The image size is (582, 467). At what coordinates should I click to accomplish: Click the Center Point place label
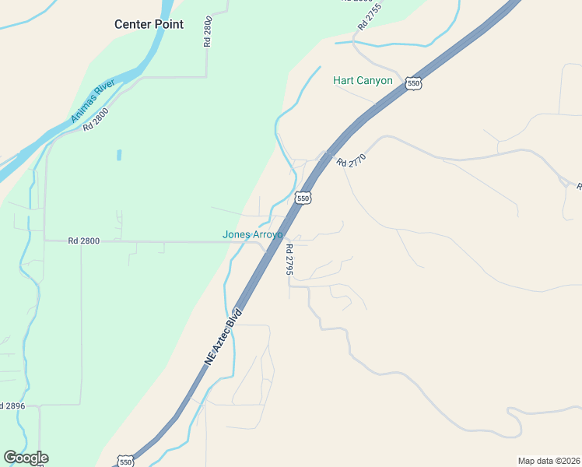[149, 24]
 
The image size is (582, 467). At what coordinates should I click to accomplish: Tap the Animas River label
[93, 100]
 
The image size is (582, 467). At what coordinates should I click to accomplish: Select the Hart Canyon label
[363, 80]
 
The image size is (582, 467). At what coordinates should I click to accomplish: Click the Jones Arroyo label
[253, 234]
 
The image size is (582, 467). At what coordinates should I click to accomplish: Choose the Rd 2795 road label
[289, 260]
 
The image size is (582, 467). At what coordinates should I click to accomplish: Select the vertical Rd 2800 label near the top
[208, 32]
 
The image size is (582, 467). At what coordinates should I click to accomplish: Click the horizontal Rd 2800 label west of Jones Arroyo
[83, 241]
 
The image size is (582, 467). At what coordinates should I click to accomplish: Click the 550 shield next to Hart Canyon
[413, 83]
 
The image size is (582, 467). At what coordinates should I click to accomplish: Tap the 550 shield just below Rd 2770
[303, 198]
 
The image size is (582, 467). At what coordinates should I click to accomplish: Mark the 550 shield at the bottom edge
[126, 462]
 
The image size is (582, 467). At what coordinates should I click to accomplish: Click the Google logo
[26, 458]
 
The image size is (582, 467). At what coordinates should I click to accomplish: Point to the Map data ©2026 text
[549, 461]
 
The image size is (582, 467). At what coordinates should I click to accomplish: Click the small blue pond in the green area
[119, 155]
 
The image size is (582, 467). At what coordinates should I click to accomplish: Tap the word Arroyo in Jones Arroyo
[269, 234]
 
